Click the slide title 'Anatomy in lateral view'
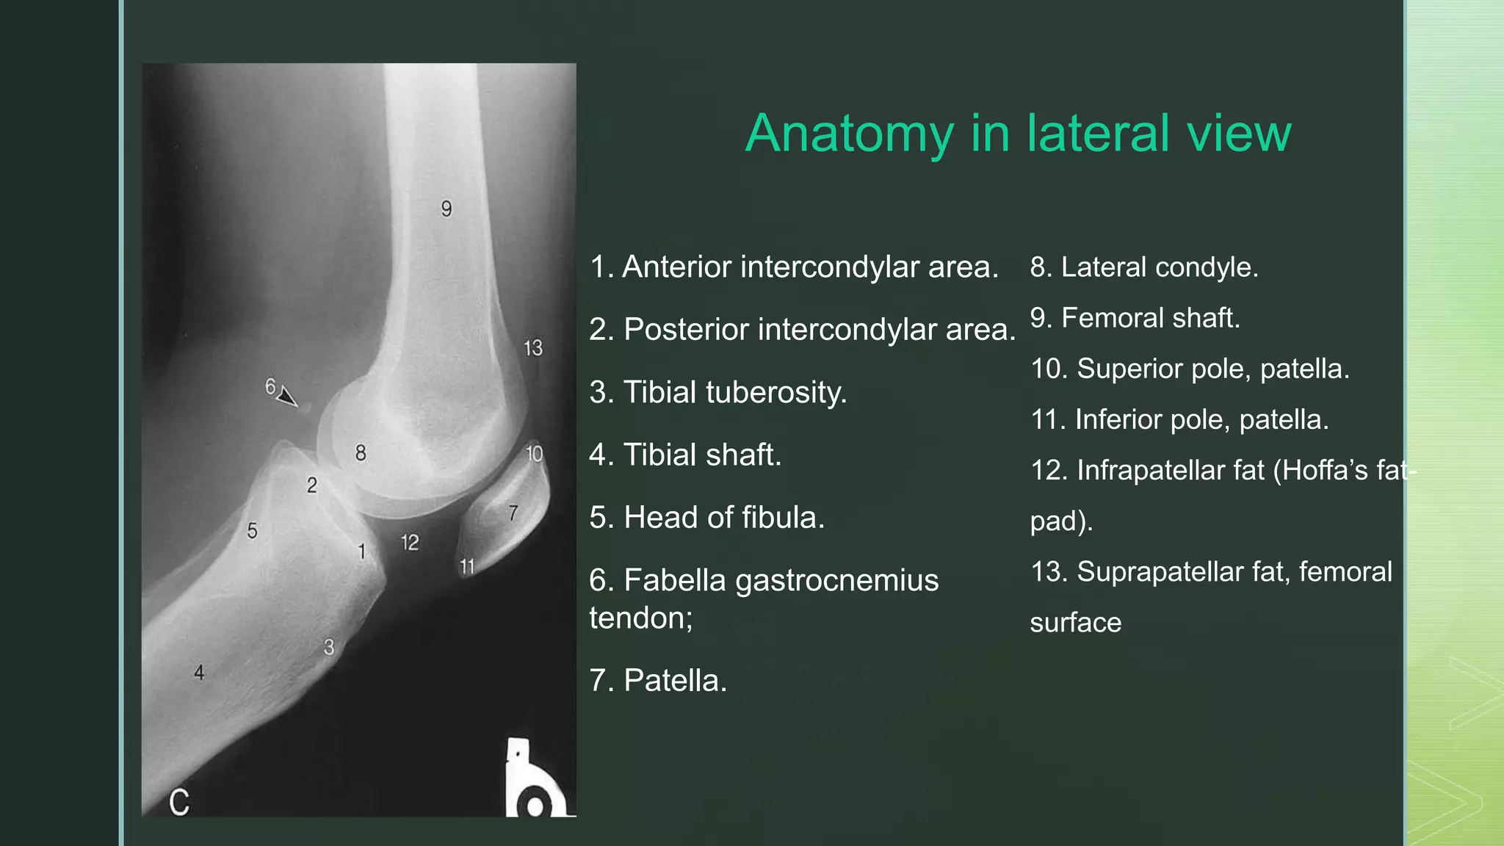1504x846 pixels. (x=1018, y=134)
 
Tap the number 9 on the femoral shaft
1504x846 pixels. (x=446, y=209)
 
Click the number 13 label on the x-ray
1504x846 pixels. (x=533, y=347)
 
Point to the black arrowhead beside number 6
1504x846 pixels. (x=288, y=397)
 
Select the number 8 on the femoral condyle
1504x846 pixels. (x=361, y=452)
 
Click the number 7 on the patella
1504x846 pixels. (x=513, y=513)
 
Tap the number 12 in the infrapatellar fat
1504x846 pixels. (x=410, y=543)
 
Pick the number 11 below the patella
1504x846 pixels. (x=467, y=566)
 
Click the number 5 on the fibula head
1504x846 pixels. (x=252, y=530)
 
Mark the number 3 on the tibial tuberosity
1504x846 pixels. (x=329, y=647)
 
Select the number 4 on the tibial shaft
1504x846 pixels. (x=199, y=672)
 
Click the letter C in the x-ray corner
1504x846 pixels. (x=179, y=802)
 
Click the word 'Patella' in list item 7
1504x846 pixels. (x=674, y=681)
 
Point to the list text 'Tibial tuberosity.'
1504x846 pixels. (x=734, y=392)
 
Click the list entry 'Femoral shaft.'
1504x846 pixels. (x=1150, y=318)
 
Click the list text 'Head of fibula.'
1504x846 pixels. (x=723, y=518)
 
